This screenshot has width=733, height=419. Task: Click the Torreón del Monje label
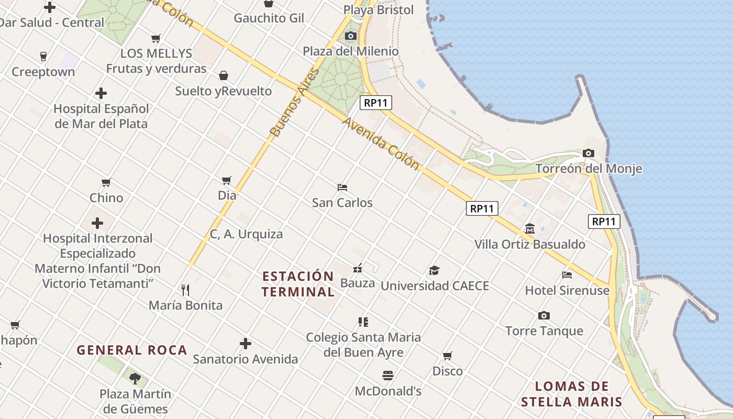588,169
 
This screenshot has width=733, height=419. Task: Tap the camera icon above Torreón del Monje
588,153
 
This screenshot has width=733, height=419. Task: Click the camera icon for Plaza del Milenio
351,36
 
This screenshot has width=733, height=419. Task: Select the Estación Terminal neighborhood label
298,284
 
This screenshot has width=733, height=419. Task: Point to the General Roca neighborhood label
132,350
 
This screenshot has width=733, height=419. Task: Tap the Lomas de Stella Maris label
572,394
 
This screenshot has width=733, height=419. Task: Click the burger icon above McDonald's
388,375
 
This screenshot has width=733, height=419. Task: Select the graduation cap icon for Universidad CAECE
434,270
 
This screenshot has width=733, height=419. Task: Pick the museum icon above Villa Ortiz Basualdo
530,229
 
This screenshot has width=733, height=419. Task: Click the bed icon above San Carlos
342,187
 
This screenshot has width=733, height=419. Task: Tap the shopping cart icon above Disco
448,356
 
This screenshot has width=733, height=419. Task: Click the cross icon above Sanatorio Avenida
245,344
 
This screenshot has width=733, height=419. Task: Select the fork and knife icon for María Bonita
185,290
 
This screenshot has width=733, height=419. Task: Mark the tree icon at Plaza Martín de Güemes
135,378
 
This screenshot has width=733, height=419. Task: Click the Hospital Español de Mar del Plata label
101,116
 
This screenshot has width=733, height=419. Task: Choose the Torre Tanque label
544,331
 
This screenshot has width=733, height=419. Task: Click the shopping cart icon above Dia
227,181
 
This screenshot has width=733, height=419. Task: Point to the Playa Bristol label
379,10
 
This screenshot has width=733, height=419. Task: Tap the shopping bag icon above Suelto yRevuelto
224,75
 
